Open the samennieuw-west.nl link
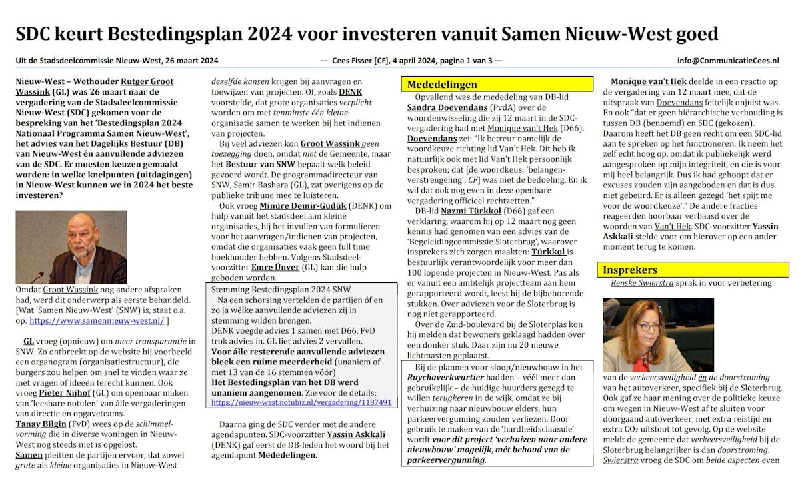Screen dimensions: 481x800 pos(96,320)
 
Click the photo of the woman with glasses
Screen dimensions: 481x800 pos(640,334)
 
